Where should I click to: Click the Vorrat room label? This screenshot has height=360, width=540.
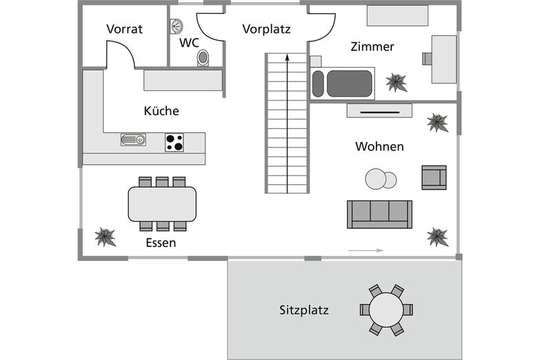(124, 29)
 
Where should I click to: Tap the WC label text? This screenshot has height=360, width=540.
(189, 43)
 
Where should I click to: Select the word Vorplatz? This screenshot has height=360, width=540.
(266, 29)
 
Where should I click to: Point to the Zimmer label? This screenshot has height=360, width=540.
(372, 47)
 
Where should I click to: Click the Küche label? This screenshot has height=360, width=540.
(161, 111)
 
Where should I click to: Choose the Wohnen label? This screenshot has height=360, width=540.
(379, 147)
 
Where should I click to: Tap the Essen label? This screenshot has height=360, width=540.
(161, 243)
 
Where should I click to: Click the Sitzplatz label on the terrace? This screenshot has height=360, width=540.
(304, 310)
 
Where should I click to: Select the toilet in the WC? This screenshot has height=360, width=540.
(203, 58)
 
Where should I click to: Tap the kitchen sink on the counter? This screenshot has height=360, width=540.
(133, 140)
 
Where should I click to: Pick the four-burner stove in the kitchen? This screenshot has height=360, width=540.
(174, 143)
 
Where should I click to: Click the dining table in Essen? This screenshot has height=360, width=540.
(162, 204)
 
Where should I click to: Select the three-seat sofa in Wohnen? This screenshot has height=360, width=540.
(379, 214)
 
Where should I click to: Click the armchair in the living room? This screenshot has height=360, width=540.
(434, 177)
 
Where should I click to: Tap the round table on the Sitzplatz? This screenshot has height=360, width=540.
(386, 310)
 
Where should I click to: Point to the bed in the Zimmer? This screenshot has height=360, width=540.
(343, 83)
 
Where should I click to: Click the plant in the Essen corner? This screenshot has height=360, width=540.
(105, 237)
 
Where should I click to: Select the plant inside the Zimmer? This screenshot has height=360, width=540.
(397, 83)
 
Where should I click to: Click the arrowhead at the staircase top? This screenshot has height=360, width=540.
(287, 59)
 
